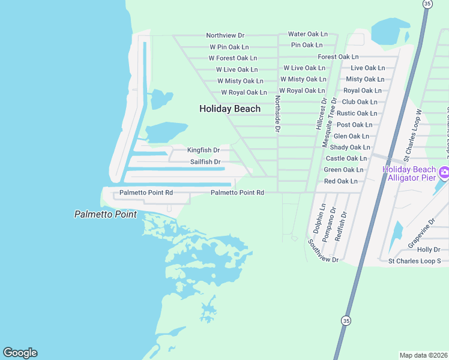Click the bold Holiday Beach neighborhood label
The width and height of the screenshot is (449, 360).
[230, 109]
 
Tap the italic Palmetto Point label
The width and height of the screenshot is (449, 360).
[105, 214]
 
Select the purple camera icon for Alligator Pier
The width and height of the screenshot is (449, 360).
[444, 173]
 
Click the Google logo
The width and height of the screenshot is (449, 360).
[20, 353]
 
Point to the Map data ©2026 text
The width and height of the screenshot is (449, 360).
[423, 355]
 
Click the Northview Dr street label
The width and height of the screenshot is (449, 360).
[225, 35]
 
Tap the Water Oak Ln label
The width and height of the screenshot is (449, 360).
[308, 34]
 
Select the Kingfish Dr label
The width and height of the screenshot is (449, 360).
[203, 150]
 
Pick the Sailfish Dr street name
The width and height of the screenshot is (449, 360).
[205, 162]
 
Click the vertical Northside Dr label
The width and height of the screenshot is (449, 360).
[277, 113]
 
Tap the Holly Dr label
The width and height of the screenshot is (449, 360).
[429, 250]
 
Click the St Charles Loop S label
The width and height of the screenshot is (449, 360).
[414, 261]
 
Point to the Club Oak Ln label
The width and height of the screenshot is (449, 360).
[359, 102]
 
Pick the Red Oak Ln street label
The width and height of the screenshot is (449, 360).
[344, 181]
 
